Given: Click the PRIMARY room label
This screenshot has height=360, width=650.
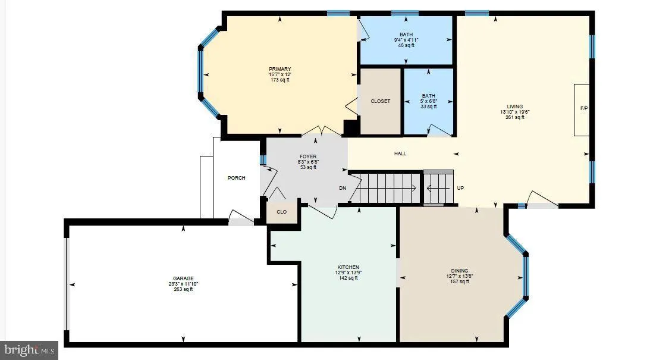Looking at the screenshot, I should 280,69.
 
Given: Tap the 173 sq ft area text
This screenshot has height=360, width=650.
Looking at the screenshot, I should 280,80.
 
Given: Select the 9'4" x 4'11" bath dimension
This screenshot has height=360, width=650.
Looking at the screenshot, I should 406,40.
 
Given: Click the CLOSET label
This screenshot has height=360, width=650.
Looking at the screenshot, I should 381,101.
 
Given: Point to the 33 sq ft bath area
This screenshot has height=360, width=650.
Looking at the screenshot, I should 428,107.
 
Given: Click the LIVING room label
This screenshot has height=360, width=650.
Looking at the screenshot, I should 515,107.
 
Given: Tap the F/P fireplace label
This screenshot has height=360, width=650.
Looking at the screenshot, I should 584,109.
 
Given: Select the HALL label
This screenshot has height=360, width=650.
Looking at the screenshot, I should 400,154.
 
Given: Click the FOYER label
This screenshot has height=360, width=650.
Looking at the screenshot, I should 307,156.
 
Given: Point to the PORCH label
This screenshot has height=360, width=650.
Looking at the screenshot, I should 236,178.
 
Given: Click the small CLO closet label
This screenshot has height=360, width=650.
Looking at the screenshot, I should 282,212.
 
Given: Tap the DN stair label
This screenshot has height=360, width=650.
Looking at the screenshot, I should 343,188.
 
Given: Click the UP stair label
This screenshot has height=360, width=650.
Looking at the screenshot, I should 460,188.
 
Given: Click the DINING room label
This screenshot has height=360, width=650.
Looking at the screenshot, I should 460,271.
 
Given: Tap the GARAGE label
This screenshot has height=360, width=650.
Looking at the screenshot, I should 183,278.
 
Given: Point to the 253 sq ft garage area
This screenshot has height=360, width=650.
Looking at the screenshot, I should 183,289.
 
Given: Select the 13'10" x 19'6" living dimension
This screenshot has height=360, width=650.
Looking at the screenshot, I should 515,112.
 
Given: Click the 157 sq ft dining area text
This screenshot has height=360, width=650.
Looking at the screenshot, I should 460,281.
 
